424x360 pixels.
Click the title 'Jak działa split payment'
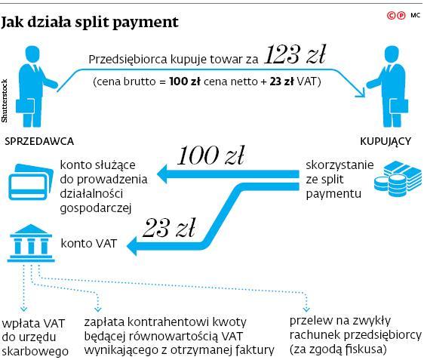90,22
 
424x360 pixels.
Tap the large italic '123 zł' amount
295,55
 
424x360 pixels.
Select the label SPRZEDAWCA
39,141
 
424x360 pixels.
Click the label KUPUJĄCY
386,141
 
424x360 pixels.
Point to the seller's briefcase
25,106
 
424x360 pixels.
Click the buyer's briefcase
399,106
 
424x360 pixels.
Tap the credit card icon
31,182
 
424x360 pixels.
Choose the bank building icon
31,243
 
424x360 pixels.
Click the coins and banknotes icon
398,179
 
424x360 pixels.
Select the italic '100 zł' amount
210,155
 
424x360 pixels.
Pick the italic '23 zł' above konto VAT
169,228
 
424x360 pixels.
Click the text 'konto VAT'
89,244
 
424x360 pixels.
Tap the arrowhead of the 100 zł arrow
162,174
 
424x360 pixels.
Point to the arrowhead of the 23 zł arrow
132,246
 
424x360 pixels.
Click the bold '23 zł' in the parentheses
281,82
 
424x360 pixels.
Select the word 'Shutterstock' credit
5,100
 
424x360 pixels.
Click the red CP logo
396,15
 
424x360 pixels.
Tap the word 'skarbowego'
35,352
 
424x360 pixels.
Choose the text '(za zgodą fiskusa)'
338,349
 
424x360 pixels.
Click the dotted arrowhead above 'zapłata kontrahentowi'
97,309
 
